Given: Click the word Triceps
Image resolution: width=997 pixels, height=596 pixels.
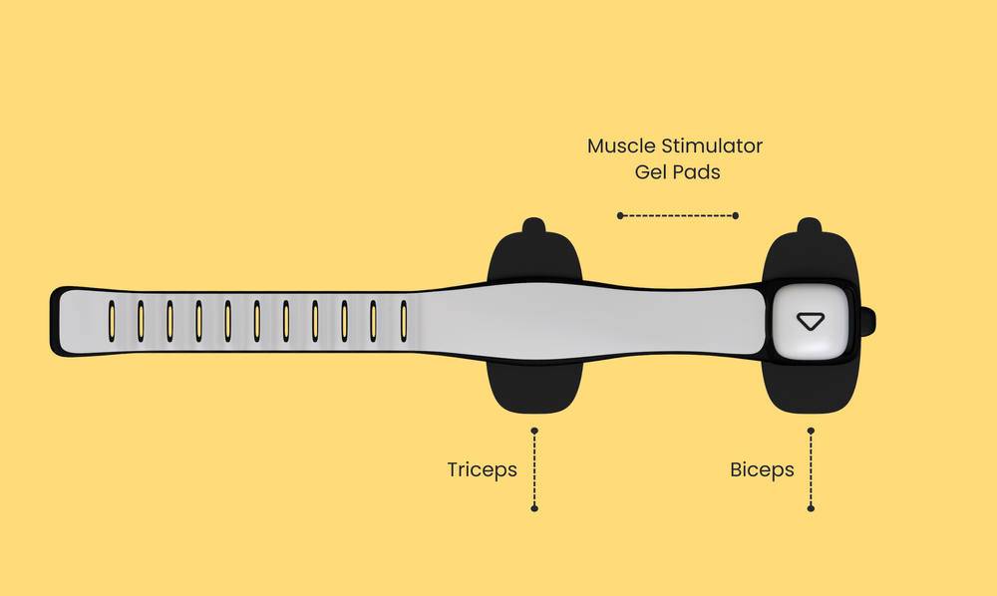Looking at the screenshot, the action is coord(482,469).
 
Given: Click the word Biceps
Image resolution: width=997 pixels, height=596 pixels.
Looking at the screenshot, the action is coord(762,469).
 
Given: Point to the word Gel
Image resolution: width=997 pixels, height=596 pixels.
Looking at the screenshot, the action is coord(652,172).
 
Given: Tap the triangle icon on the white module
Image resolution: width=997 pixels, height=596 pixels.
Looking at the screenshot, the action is coord(811,321).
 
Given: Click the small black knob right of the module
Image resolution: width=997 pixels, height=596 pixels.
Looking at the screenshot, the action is coord(868,321).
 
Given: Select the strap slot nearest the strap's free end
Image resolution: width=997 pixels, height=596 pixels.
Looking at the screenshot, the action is coord(112,321).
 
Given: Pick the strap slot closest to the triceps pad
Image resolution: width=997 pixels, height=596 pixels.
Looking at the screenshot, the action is coord(404,321).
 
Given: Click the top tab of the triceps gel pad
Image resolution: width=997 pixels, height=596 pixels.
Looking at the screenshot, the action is coord(533,226).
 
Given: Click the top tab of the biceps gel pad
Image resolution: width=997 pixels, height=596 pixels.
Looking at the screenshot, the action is coord(810,226).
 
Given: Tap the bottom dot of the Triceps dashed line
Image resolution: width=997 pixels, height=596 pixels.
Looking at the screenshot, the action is coord(534,508).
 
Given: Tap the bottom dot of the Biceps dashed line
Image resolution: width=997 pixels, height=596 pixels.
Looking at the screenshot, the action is coord(811,508).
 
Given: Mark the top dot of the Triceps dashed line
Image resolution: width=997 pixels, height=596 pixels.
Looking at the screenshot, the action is coord(534,431).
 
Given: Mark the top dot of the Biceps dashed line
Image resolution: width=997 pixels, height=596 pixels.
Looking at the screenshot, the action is coord(811,431).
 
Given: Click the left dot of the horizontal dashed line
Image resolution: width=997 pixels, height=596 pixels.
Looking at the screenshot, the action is coord(620,215).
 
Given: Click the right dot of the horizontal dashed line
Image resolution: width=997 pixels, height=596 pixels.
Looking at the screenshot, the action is coord(736,215).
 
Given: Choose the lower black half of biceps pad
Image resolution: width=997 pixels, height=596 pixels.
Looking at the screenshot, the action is coord(810,389).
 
